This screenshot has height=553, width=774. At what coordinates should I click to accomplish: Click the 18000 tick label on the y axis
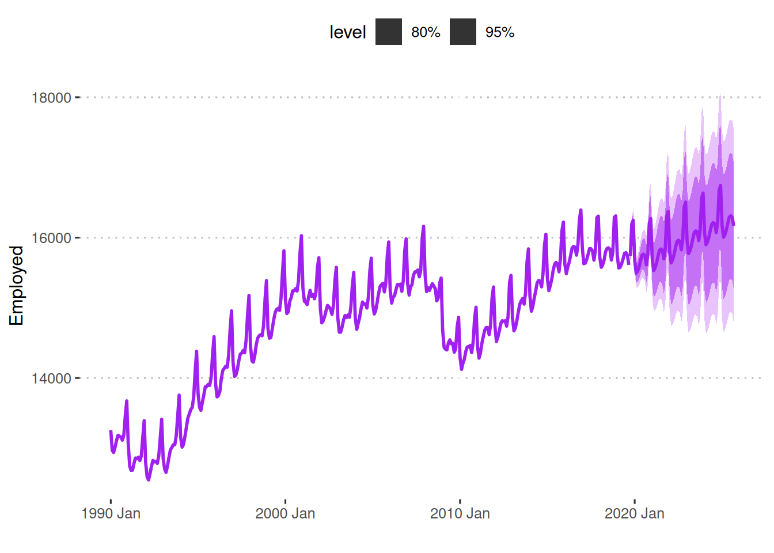tap(51, 97)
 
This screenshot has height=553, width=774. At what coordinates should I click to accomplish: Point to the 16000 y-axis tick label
tap(51, 238)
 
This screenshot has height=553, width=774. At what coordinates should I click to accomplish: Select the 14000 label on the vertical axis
tap(51, 378)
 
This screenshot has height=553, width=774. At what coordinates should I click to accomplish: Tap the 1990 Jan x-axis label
tap(111, 513)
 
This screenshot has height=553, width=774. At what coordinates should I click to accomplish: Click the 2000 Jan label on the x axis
tap(285, 513)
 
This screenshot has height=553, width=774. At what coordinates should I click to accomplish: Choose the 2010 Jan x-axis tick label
tap(460, 513)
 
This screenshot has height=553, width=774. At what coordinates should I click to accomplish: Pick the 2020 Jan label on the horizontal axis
tap(634, 513)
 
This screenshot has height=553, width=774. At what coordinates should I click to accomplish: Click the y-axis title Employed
tap(17, 286)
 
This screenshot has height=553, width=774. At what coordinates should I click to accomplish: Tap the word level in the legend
tap(347, 32)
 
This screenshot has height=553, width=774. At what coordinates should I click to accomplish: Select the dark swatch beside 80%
tap(389, 32)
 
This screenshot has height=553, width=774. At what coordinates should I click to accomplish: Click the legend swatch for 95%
tap(462, 32)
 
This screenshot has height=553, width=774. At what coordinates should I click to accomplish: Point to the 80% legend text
tap(426, 32)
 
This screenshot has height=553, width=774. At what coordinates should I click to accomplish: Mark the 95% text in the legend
tap(499, 32)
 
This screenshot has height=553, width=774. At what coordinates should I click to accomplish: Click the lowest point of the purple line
tap(149, 479)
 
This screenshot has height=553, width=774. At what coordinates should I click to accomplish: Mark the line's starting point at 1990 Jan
tap(111, 431)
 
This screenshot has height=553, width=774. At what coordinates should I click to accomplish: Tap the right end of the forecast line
tap(734, 225)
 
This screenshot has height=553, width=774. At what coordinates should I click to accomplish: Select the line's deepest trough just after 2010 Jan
tap(462, 369)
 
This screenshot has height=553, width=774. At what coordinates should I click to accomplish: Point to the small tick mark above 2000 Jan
tap(285, 499)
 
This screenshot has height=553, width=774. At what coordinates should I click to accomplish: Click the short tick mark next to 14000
tap(78, 378)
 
